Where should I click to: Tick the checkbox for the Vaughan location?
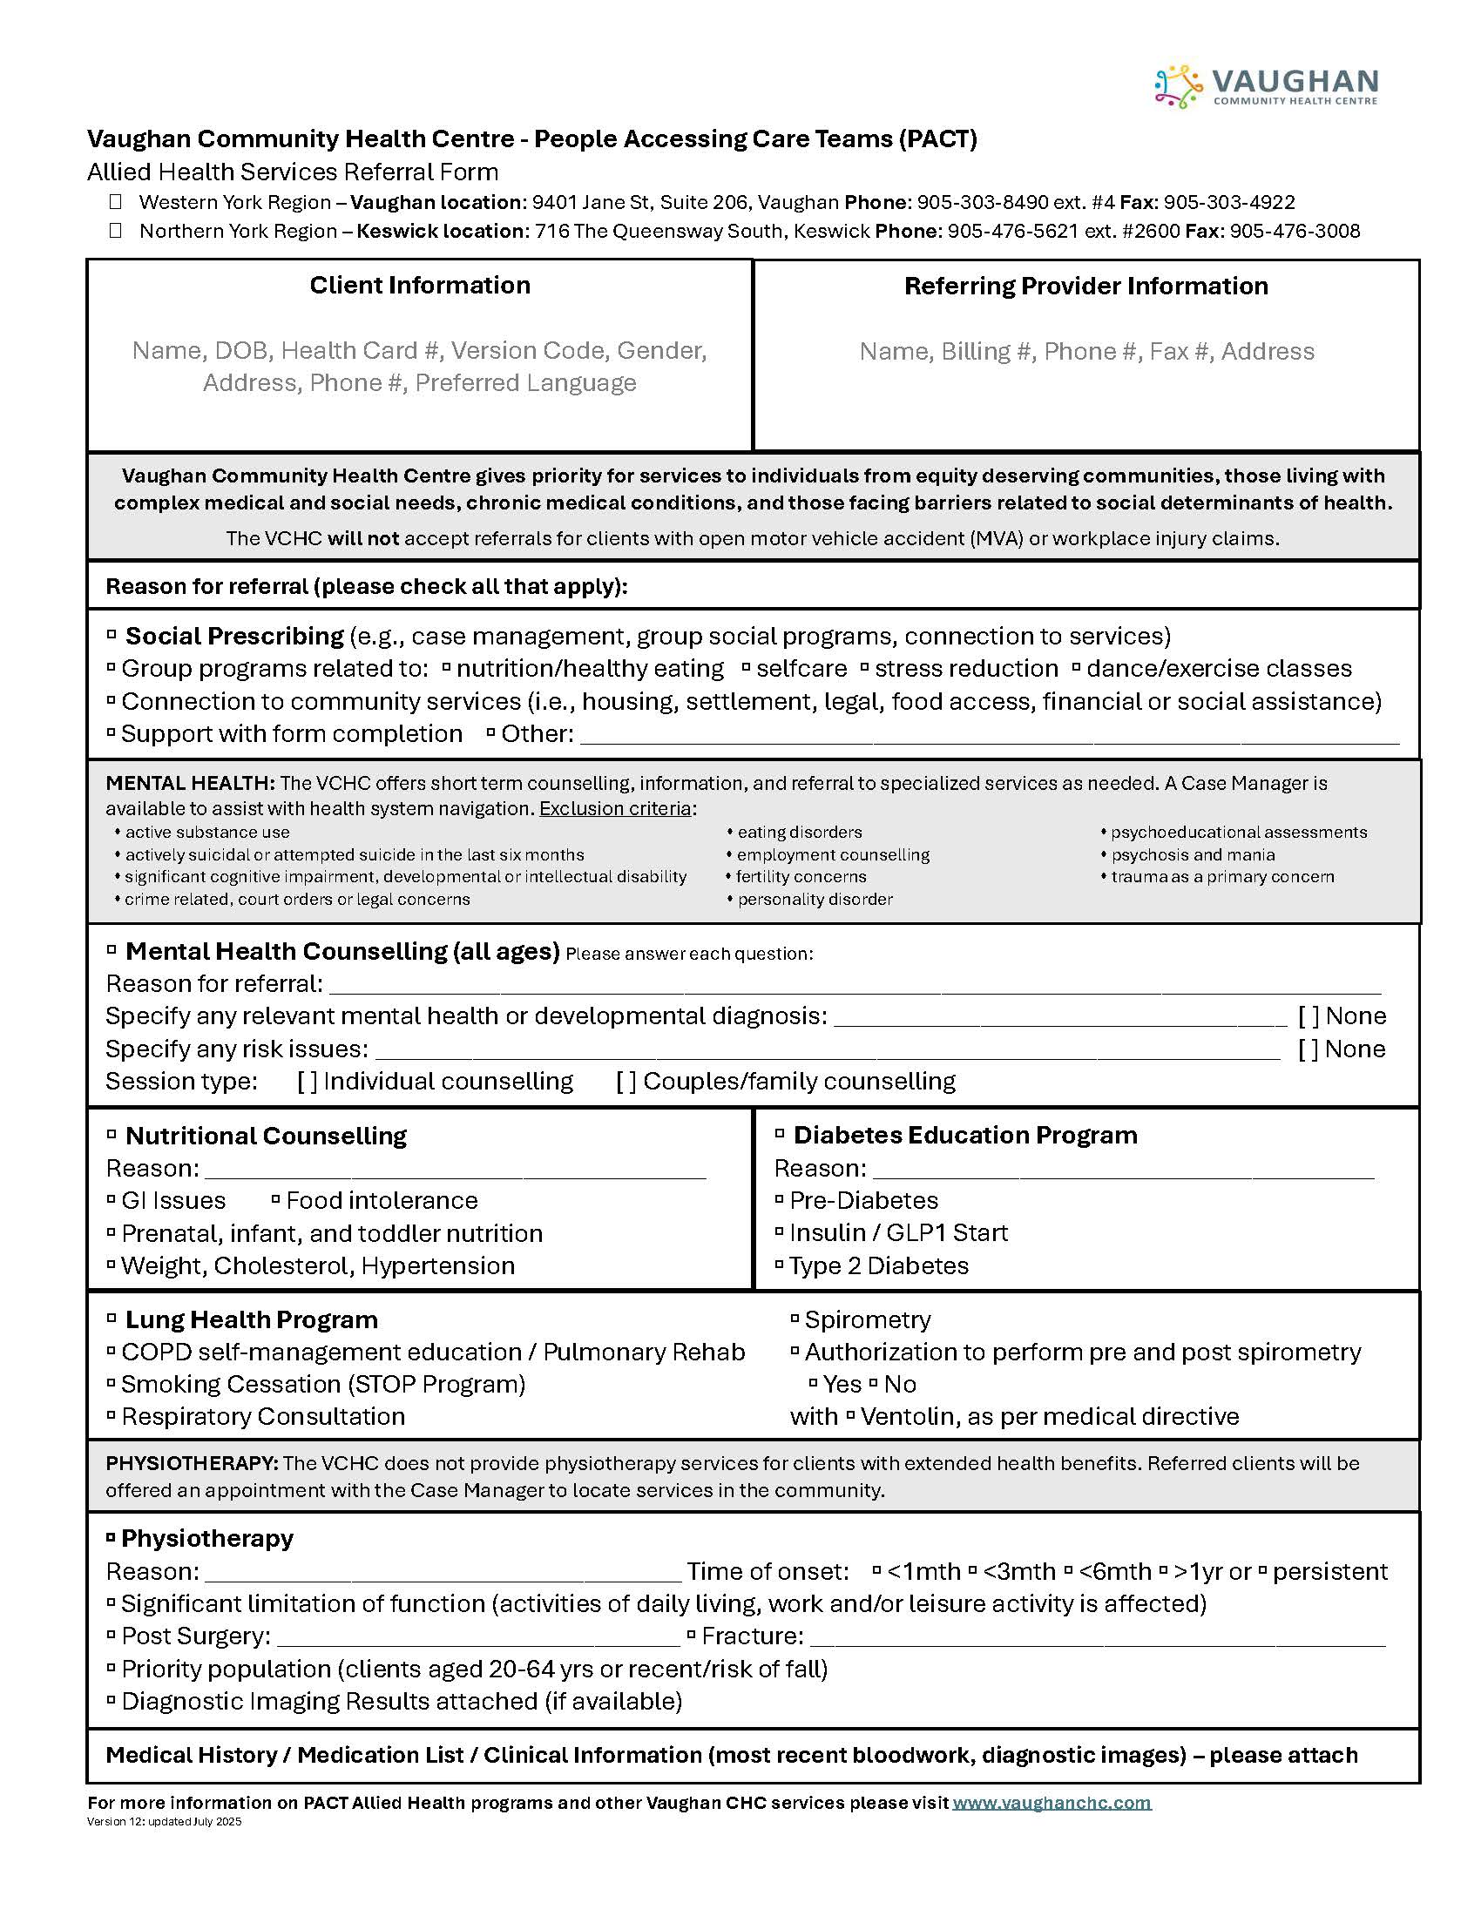[115, 202]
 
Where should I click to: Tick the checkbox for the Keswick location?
[115, 231]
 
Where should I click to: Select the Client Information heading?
[419, 285]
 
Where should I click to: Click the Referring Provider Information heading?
[1085, 286]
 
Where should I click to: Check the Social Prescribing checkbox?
[112, 633]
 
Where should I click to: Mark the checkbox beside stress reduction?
[864, 667]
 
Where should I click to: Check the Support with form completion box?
[112, 732]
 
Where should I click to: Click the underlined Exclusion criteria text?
[615, 808]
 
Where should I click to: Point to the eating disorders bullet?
[798, 832]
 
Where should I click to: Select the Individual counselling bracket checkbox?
[307, 1082]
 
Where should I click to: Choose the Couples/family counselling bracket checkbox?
[626, 1082]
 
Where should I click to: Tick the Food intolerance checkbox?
[275, 1198]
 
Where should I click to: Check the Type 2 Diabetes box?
[779, 1265]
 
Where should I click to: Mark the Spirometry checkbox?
[795, 1318]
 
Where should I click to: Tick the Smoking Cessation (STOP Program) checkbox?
[112, 1383]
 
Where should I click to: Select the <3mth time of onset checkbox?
[972, 1569]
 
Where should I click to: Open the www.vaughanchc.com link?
[1052, 1802]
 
